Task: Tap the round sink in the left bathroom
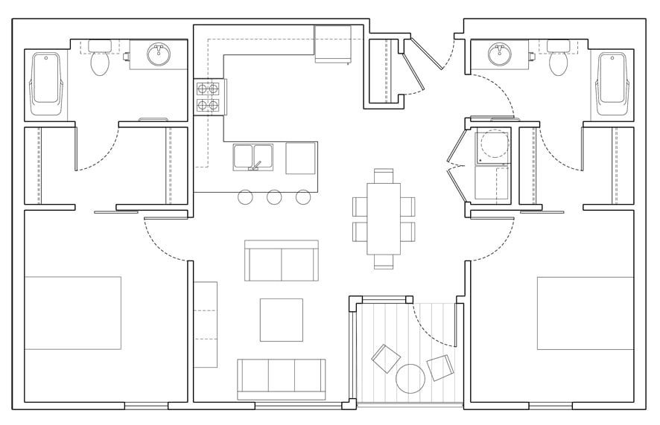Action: [x=158, y=54]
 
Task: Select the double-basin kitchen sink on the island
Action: [x=253, y=156]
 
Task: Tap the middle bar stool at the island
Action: [x=274, y=197]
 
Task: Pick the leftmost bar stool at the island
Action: [x=245, y=197]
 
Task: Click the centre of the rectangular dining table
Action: [x=383, y=219]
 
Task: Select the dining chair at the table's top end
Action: [x=383, y=176]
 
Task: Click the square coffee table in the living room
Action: [x=281, y=320]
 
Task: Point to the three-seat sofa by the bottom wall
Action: [x=281, y=378]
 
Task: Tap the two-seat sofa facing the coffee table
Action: [x=281, y=261]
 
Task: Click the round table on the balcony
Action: [x=410, y=379]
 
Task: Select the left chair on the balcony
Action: [x=386, y=359]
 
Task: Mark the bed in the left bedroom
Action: [x=72, y=313]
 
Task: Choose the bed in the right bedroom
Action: [x=585, y=313]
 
